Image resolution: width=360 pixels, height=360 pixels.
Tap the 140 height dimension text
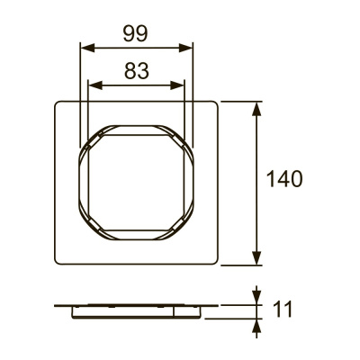coord(284,178)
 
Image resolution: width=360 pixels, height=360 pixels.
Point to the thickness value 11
coord(283,310)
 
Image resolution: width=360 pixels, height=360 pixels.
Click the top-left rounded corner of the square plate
coord(58,103)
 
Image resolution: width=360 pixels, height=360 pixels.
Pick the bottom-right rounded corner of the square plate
coord(217,262)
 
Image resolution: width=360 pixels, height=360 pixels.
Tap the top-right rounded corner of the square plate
coord(217,103)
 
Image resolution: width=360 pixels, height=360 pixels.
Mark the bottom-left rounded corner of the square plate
coord(58,262)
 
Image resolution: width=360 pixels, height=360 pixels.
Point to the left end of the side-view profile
coord(57,306)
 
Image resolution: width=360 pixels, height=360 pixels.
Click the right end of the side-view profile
coord(218,306)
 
